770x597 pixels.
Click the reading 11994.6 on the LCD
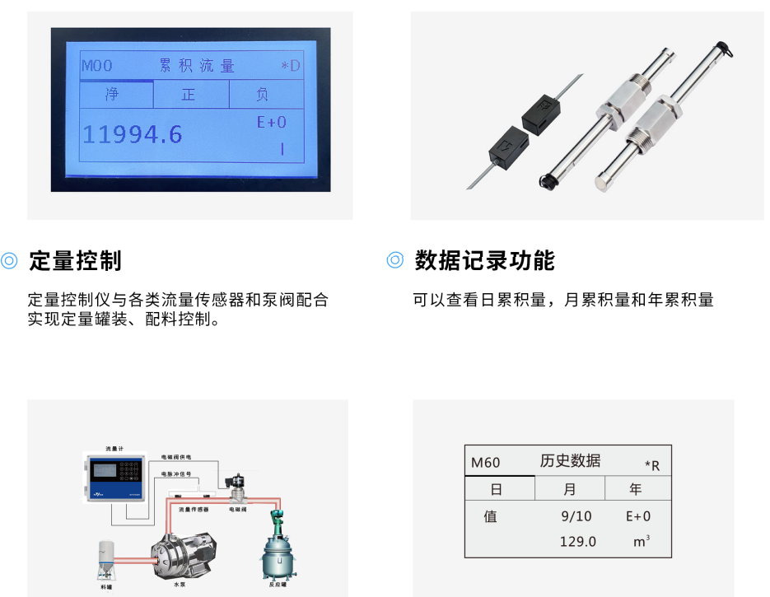[133, 135]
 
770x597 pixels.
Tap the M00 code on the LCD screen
[96, 66]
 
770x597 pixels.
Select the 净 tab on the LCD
[112, 95]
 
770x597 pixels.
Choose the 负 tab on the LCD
[262, 95]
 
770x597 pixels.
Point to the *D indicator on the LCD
[290, 66]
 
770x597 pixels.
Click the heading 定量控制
[75, 261]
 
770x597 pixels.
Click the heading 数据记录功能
[484, 261]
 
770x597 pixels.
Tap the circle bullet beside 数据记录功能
[395, 261]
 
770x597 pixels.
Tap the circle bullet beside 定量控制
[10, 261]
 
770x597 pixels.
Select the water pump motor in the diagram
[180, 556]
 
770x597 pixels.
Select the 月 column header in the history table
[570, 489]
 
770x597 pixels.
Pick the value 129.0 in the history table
[577, 542]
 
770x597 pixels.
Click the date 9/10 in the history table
[576, 517]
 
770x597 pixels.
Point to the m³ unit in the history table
[641, 542]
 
